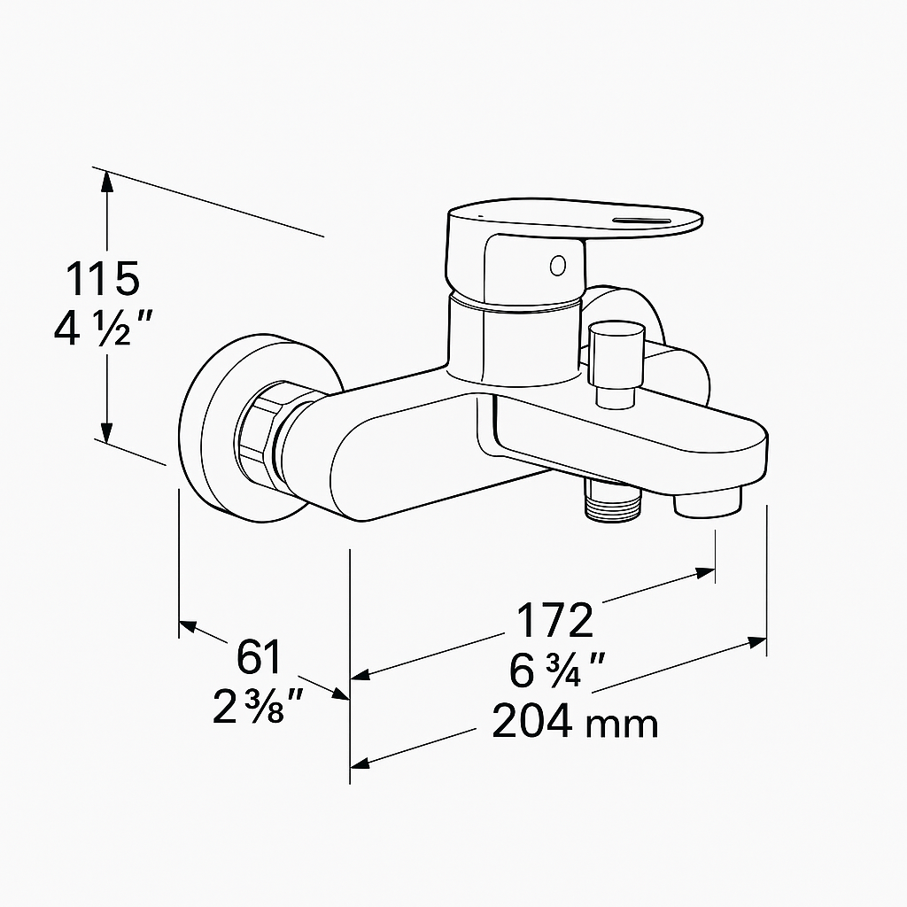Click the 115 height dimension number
pyautogui.click(x=104, y=279)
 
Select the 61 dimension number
pyautogui.click(x=259, y=657)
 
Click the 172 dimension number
pyautogui.click(x=554, y=621)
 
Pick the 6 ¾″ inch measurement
pyautogui.click(x=557, y=671)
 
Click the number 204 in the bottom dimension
pyautogui.click(x=532, y=722)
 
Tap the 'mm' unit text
pyautogui.click(x=624, y=725)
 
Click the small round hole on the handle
pyautogui.click(x=557, y=264)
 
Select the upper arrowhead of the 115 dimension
pyautogui.click(x=106, y=180)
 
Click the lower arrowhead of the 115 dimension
pyautogui.click(x=106, y=432)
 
